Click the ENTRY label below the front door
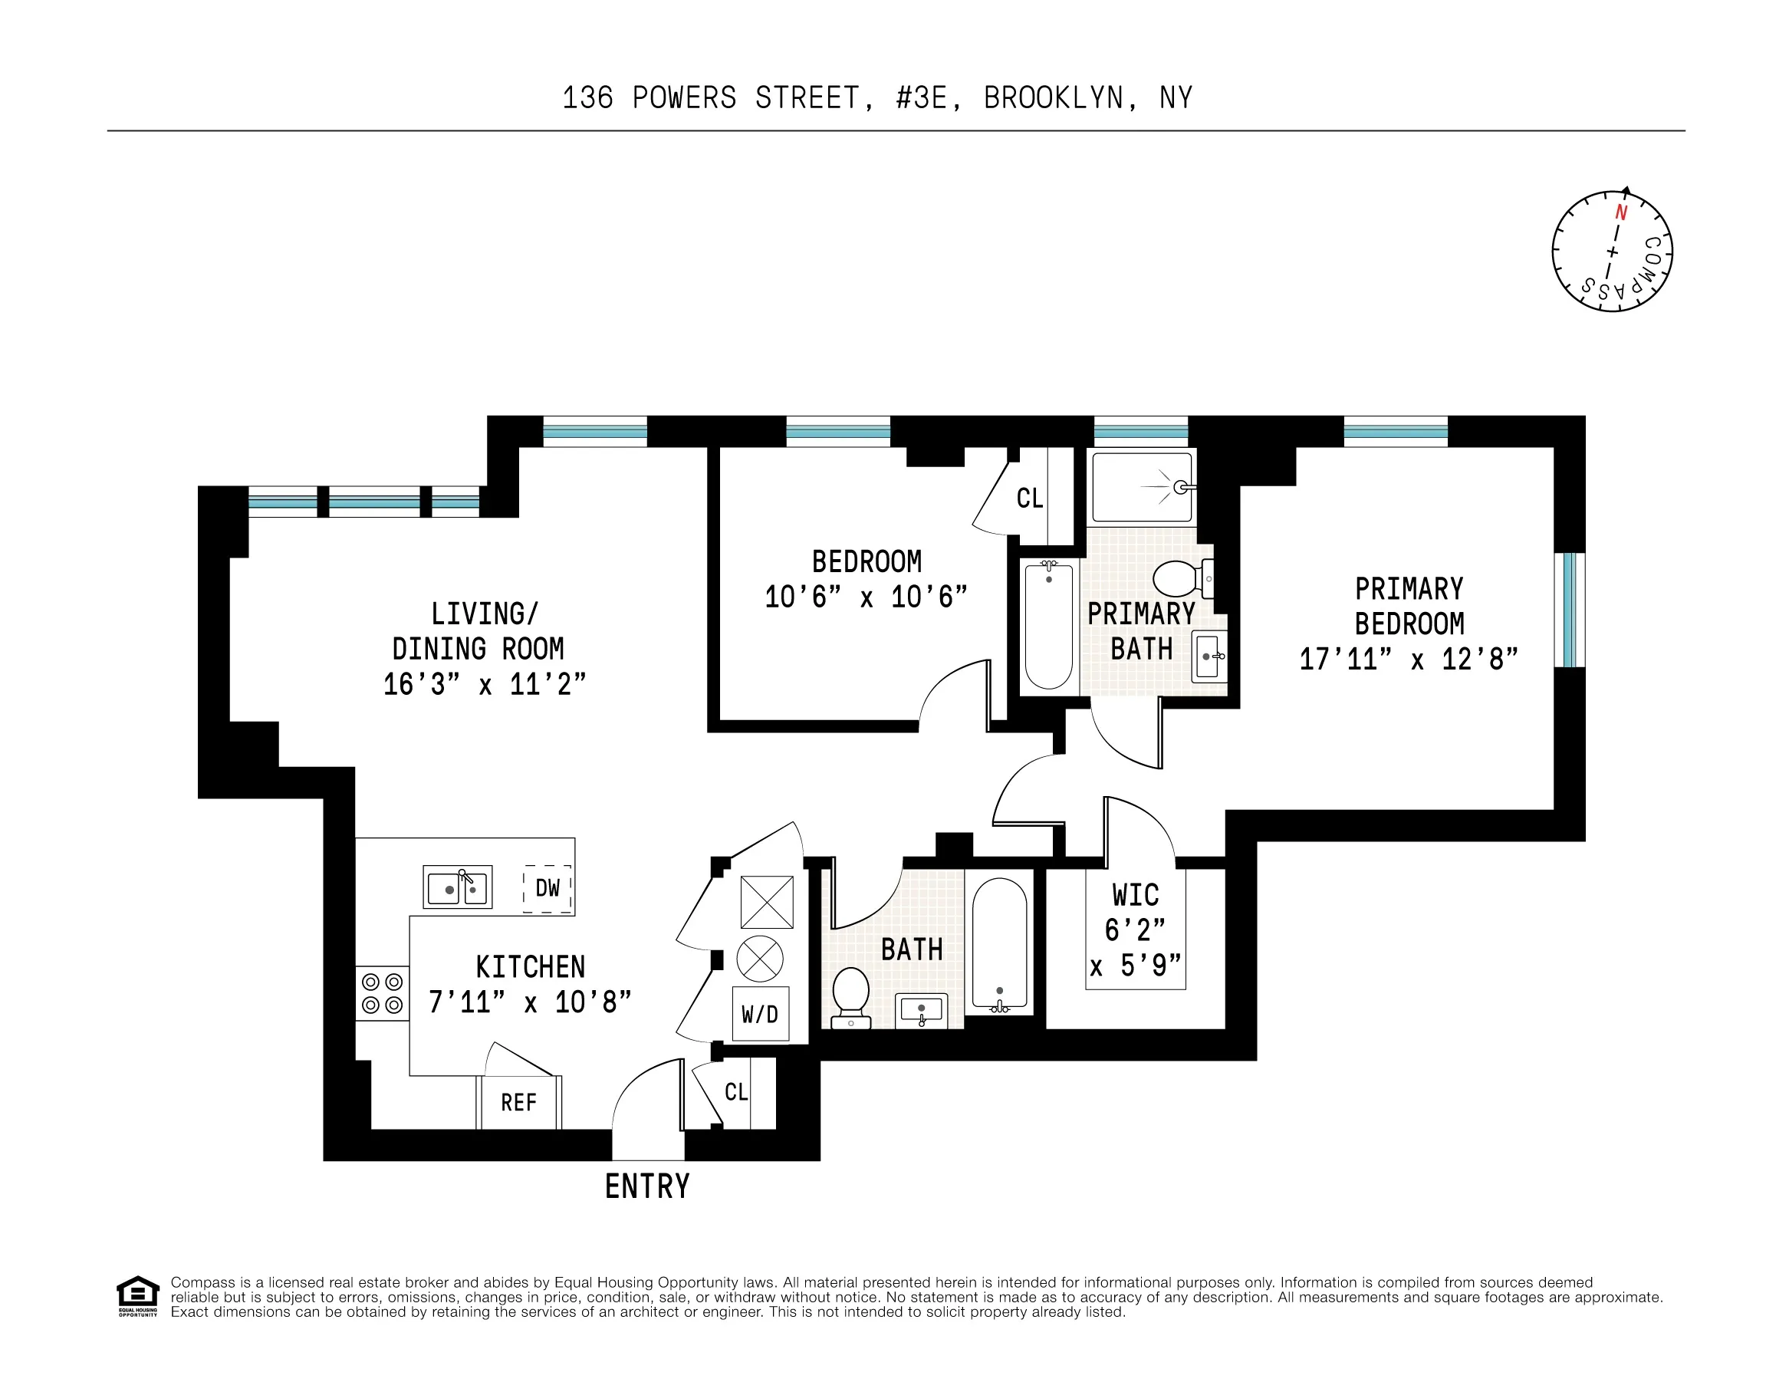(x=647, y=1186)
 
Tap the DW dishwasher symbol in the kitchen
(x=548, y=888)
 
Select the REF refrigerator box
(x=518, y=1103)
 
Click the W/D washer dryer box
(x=759, y=1015)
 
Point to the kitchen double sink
(x=457, y=887)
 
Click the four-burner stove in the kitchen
(x=383, y=993)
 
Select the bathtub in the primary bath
(x=1048, y=626)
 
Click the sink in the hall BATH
(x=922, y=1009)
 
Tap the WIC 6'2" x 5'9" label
(x=1136, y=930)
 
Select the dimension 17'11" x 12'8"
(x=1409, y=660)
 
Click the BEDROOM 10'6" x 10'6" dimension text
(x=866, y=597)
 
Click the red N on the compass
(x=1620, y=214)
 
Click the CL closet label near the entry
(x=735, y=1092)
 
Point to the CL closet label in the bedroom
(x=1029, y=498)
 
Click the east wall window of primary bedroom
(x=1570, y=610)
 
